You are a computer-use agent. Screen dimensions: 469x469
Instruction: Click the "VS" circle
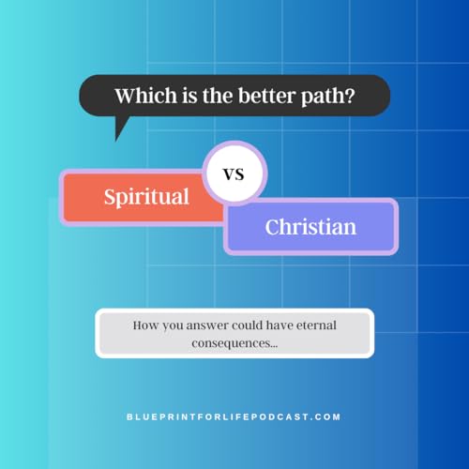[x=235, y=174]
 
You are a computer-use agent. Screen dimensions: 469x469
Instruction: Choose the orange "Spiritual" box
[x=145, y=197]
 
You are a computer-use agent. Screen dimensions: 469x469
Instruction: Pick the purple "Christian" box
[x=310, y=227]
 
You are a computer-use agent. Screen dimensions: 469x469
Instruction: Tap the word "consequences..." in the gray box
[x=234, y=342]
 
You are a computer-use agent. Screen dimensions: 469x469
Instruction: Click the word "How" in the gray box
[x=146, y=325]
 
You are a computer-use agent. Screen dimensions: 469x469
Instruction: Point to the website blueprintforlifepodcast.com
[x=234, y=416]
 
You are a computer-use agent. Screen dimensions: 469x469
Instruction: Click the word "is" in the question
[x=182, y=96]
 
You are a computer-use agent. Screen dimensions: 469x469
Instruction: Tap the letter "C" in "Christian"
[x=273, y=227]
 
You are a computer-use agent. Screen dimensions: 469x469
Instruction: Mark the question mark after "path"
[x=348, y=96]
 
